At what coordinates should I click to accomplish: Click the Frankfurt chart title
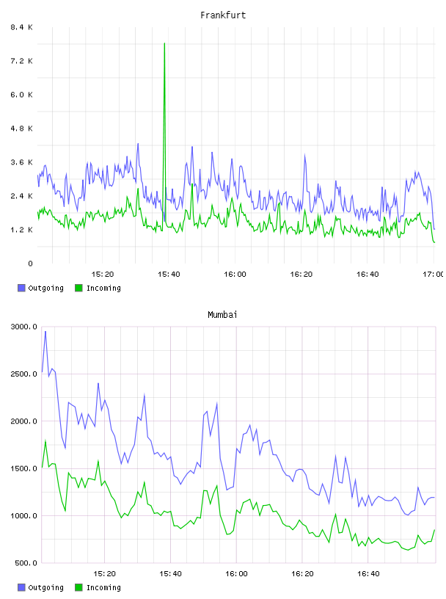[223, 15]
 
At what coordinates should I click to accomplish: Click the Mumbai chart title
[222, 315]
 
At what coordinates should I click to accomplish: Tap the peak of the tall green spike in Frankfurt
[164, 43]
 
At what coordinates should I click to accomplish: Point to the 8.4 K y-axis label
[21, 27]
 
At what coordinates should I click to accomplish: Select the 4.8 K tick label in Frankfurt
[21, 128]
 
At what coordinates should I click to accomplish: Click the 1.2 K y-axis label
[21, 230]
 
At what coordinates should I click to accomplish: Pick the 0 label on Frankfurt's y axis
[30, 264]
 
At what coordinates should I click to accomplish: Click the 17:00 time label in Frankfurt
[433, 274]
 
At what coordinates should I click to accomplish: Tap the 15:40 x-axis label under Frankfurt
[169, 274]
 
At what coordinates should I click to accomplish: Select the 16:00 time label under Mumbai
[236, 573]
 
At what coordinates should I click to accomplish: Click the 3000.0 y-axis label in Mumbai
[24, 327]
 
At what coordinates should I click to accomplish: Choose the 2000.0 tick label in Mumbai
[24, 421]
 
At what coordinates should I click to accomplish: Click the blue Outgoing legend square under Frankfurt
[21, 288]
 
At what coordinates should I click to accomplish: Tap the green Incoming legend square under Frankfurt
[78, 288]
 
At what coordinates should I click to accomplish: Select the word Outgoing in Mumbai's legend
[45, 587]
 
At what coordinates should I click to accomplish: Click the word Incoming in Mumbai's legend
[103, 587]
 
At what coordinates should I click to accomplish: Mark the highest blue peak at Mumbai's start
[45, 332]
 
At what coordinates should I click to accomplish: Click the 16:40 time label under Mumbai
[368, 573]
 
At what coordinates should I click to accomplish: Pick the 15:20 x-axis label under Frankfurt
[103, 274]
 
